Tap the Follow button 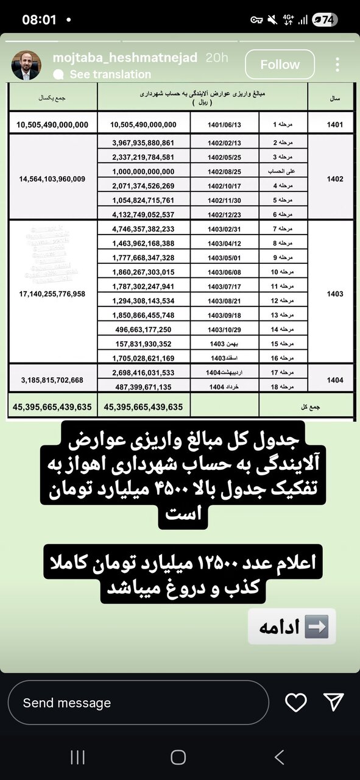point(280,65)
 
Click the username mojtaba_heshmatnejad point(125,58)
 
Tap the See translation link point(110,74)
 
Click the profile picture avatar point(27,65)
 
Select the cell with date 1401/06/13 point(224,125)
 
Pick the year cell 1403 point(334,294)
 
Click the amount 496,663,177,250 point(143,330)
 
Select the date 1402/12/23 point(224,214)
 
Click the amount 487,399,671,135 point(143,387)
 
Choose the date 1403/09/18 point(224,315)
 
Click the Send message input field point(138,703)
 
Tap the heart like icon point(296,703)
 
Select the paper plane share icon point(333,702)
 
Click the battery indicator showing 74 point(324,19)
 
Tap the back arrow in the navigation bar point(279,757)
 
